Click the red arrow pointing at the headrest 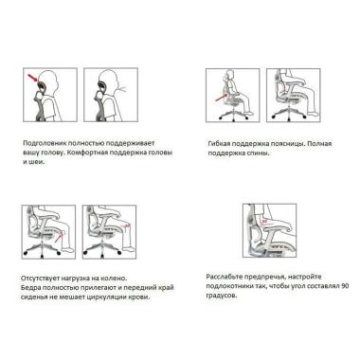33,78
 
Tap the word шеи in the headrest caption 36,162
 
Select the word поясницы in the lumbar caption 289,144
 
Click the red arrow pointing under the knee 59,238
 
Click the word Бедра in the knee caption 30,288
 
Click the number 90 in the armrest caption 345,286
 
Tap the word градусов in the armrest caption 221,297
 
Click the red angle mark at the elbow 264,222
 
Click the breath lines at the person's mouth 122,87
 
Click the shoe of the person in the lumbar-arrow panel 248,113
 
